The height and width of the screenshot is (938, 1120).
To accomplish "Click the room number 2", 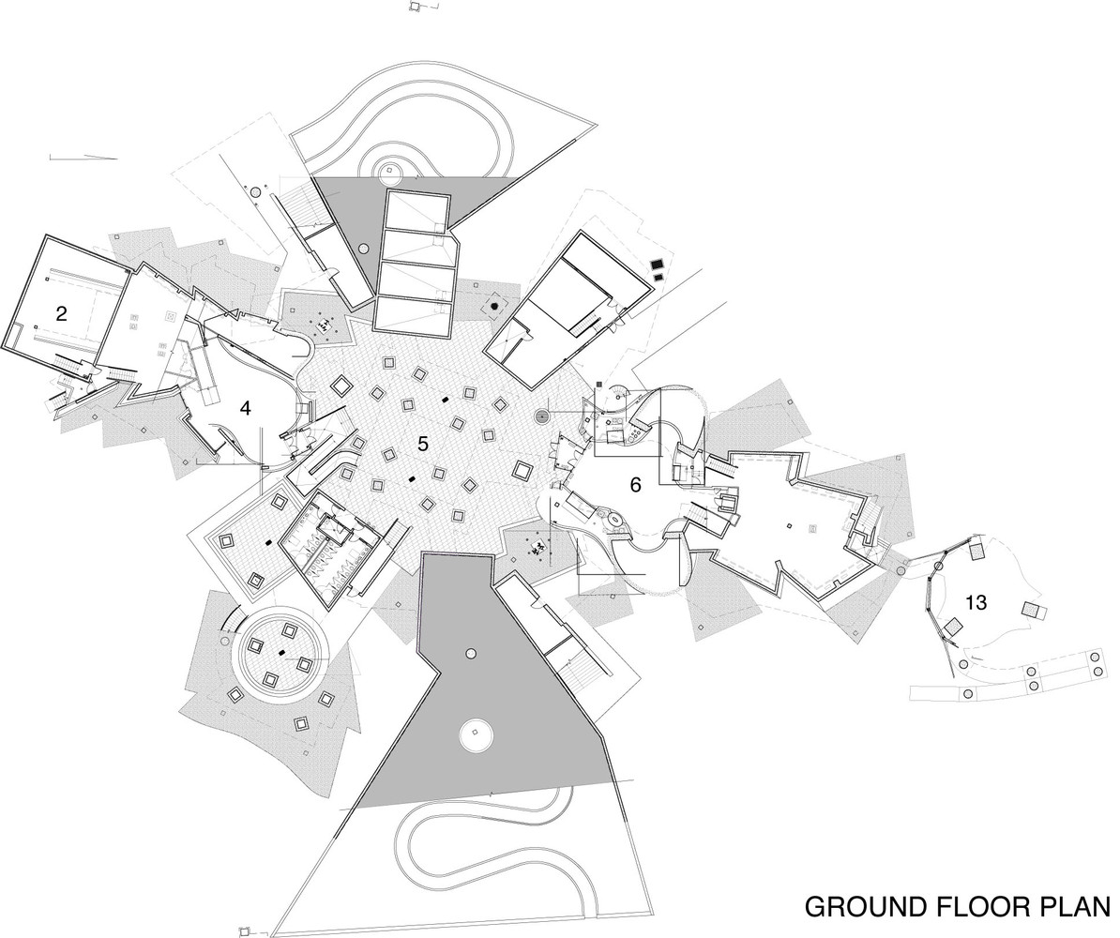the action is [x=61, y=313].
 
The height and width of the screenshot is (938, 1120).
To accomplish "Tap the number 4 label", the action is [x=246, y=409].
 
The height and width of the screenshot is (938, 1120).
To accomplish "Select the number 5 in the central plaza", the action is [x=423, y=444].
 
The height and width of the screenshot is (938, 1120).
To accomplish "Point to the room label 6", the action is [x=635, y=485].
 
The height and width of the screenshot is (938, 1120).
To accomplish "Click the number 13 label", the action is [x=976, y=603].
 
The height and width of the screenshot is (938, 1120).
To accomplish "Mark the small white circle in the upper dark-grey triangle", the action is [x=364, y=248].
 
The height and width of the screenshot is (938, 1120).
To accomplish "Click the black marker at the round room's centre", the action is [x=282, y=651].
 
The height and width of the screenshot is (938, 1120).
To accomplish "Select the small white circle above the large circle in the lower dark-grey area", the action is [x=470, y=652].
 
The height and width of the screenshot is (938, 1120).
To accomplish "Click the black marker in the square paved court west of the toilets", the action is [x=268, y=544].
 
